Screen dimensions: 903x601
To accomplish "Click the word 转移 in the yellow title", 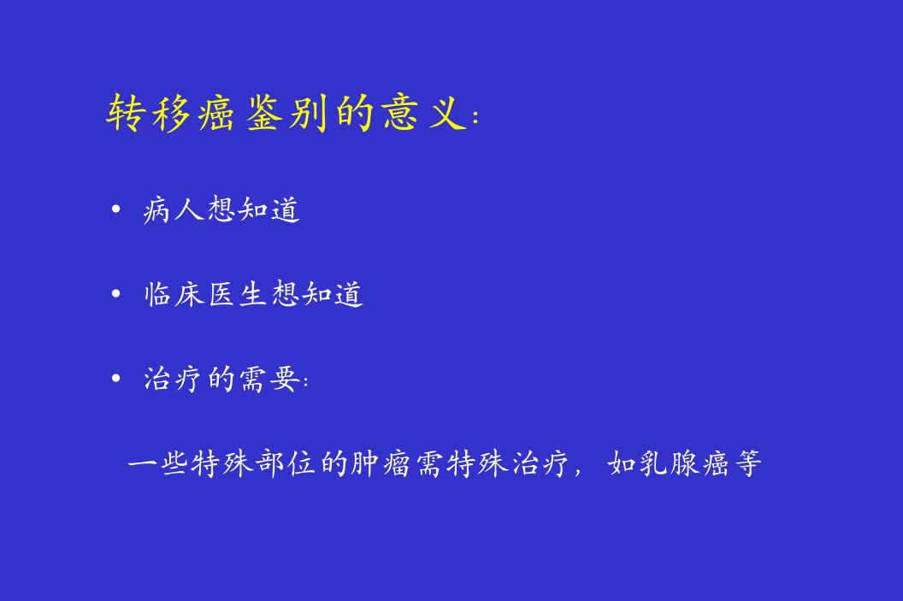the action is coord(149,112).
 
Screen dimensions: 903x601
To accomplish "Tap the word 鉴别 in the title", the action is coord(287,112).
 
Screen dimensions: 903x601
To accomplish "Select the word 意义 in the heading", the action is coord(423,112).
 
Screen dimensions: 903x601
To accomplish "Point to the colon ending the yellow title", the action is coord(475,117).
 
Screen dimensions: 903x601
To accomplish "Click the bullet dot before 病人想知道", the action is coord(115,209).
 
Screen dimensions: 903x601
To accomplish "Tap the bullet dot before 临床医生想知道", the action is coord(115,294).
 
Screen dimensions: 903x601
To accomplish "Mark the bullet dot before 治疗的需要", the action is coord(115,379).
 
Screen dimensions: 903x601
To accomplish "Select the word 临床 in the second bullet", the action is coord(174,294).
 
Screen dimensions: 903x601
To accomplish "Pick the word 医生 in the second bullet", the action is coord(237,294).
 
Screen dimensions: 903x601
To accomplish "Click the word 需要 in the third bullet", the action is coord(269,379).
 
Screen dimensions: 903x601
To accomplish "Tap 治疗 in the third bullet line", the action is coord(174,379).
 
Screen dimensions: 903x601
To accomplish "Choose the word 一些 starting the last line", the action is coord(158,463).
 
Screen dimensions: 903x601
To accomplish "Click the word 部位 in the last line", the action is coord(286,463).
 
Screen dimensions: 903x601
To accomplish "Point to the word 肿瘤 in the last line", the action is coord(380,463).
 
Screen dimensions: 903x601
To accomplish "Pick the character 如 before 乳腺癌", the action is coord(622,463).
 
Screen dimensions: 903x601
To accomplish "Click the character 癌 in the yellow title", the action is coord(217,112).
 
